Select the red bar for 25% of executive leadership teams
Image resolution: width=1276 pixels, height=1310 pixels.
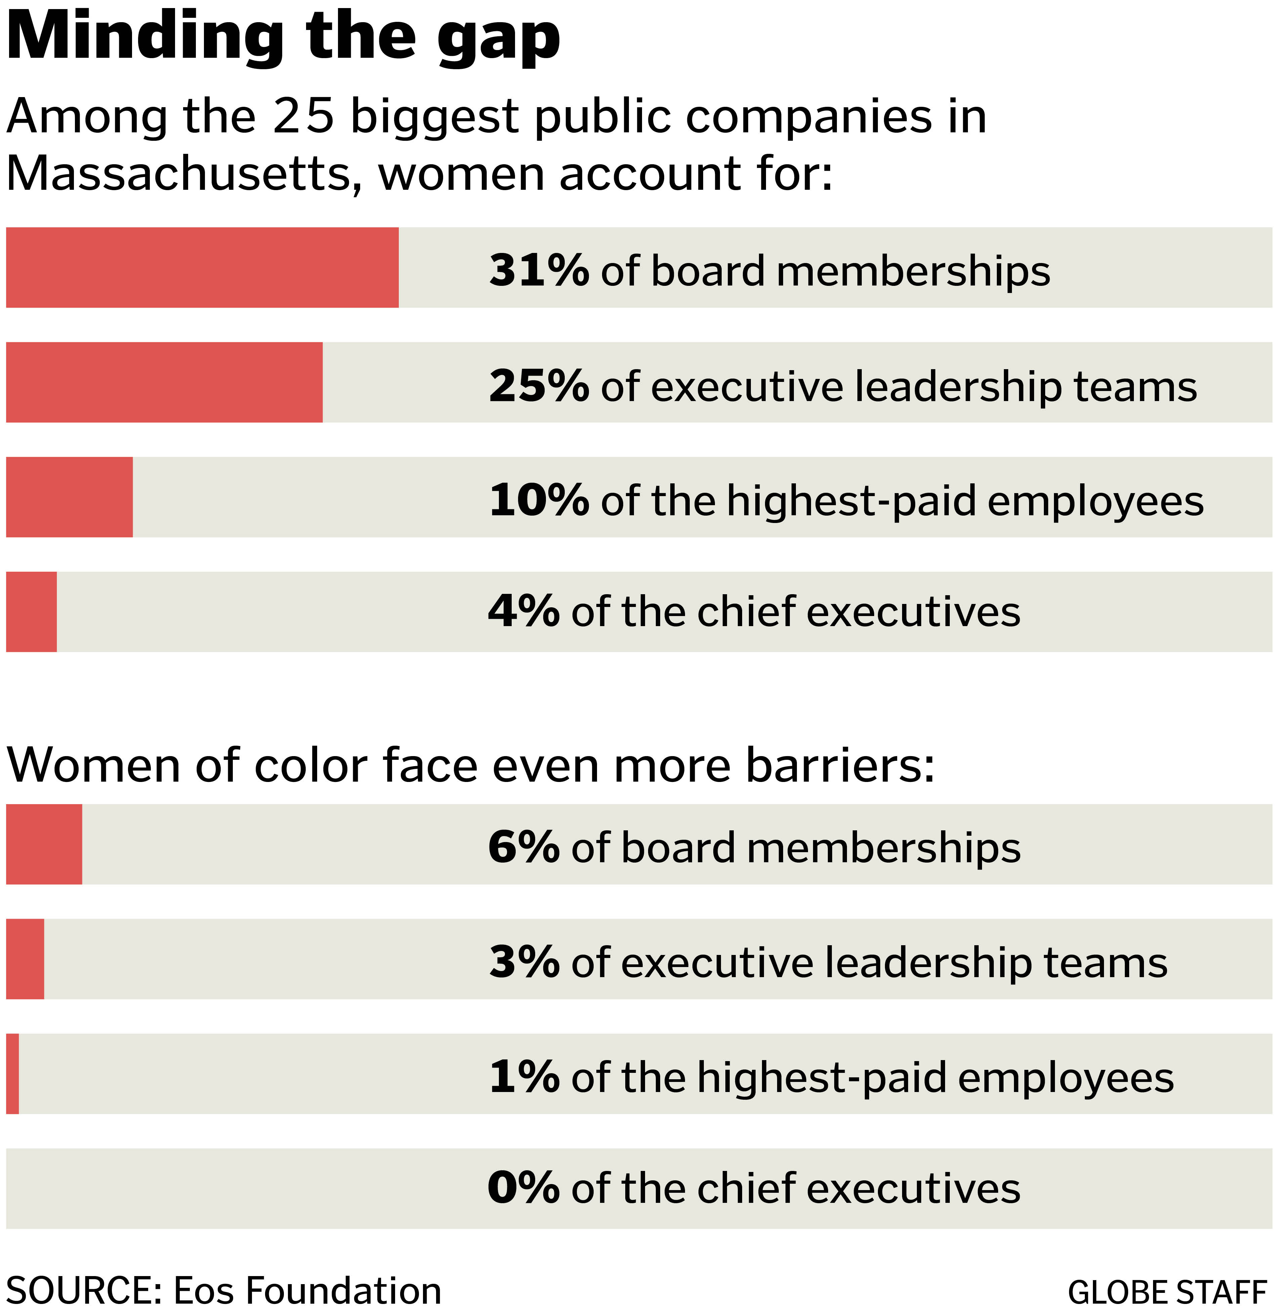click(164, 382)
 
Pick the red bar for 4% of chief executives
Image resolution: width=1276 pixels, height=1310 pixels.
click(32, 612)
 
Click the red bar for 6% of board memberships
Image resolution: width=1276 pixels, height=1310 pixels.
click(44, 844)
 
